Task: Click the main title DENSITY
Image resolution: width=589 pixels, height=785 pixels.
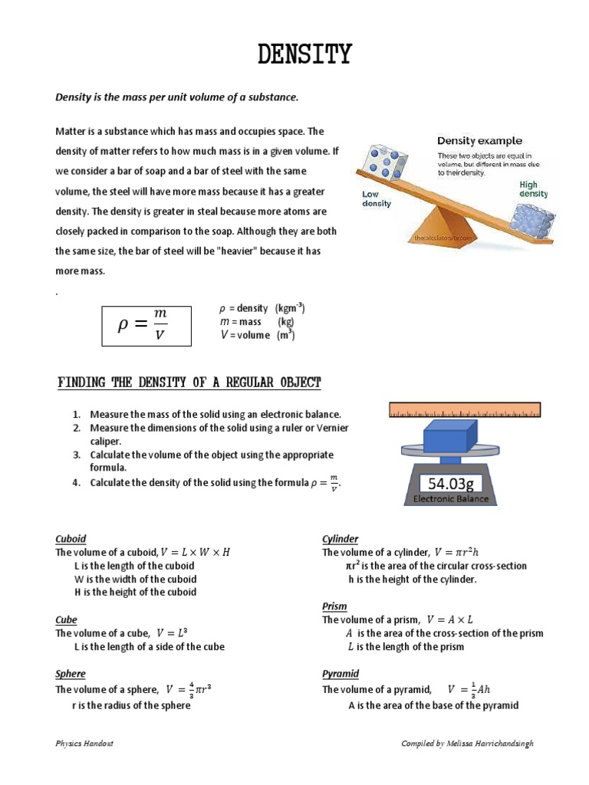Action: tap(304, 55)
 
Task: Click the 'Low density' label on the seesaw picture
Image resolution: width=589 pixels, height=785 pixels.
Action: tap(377, 199)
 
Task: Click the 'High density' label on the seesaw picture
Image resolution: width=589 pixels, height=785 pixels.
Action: tap(532, 189)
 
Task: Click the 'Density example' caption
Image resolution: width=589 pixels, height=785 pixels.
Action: tap(479, 140)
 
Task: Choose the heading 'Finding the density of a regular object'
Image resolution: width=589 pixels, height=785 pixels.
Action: tap(190, 383)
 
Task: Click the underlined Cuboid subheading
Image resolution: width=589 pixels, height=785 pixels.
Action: tap(71, 539)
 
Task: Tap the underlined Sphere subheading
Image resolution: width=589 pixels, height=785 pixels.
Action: tap(70, 674)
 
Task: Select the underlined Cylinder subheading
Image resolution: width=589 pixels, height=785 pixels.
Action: tap(340, 539)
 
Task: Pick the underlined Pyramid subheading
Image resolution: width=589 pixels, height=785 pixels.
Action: tap(341, 674)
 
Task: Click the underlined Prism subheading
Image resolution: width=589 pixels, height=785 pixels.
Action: tap(334, 606)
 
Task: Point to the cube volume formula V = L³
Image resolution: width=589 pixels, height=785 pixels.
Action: tap(171, 633)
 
